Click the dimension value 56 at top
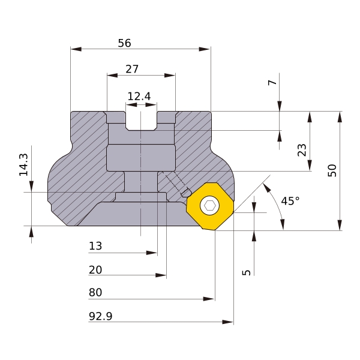pos(124,43)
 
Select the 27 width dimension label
pos(132,69)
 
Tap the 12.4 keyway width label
pos(139,96)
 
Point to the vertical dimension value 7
pos(273,82)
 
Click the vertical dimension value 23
pos(302,150)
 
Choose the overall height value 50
pos(332,170)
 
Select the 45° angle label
pos(290,201)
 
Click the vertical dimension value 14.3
pos(23,164)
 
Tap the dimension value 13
pos(95,246)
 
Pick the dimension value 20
pos(95,270)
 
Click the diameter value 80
pos(95,293)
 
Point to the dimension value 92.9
pos(100,316)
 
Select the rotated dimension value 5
pos(246,272)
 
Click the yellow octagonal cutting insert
pos(209,206)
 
